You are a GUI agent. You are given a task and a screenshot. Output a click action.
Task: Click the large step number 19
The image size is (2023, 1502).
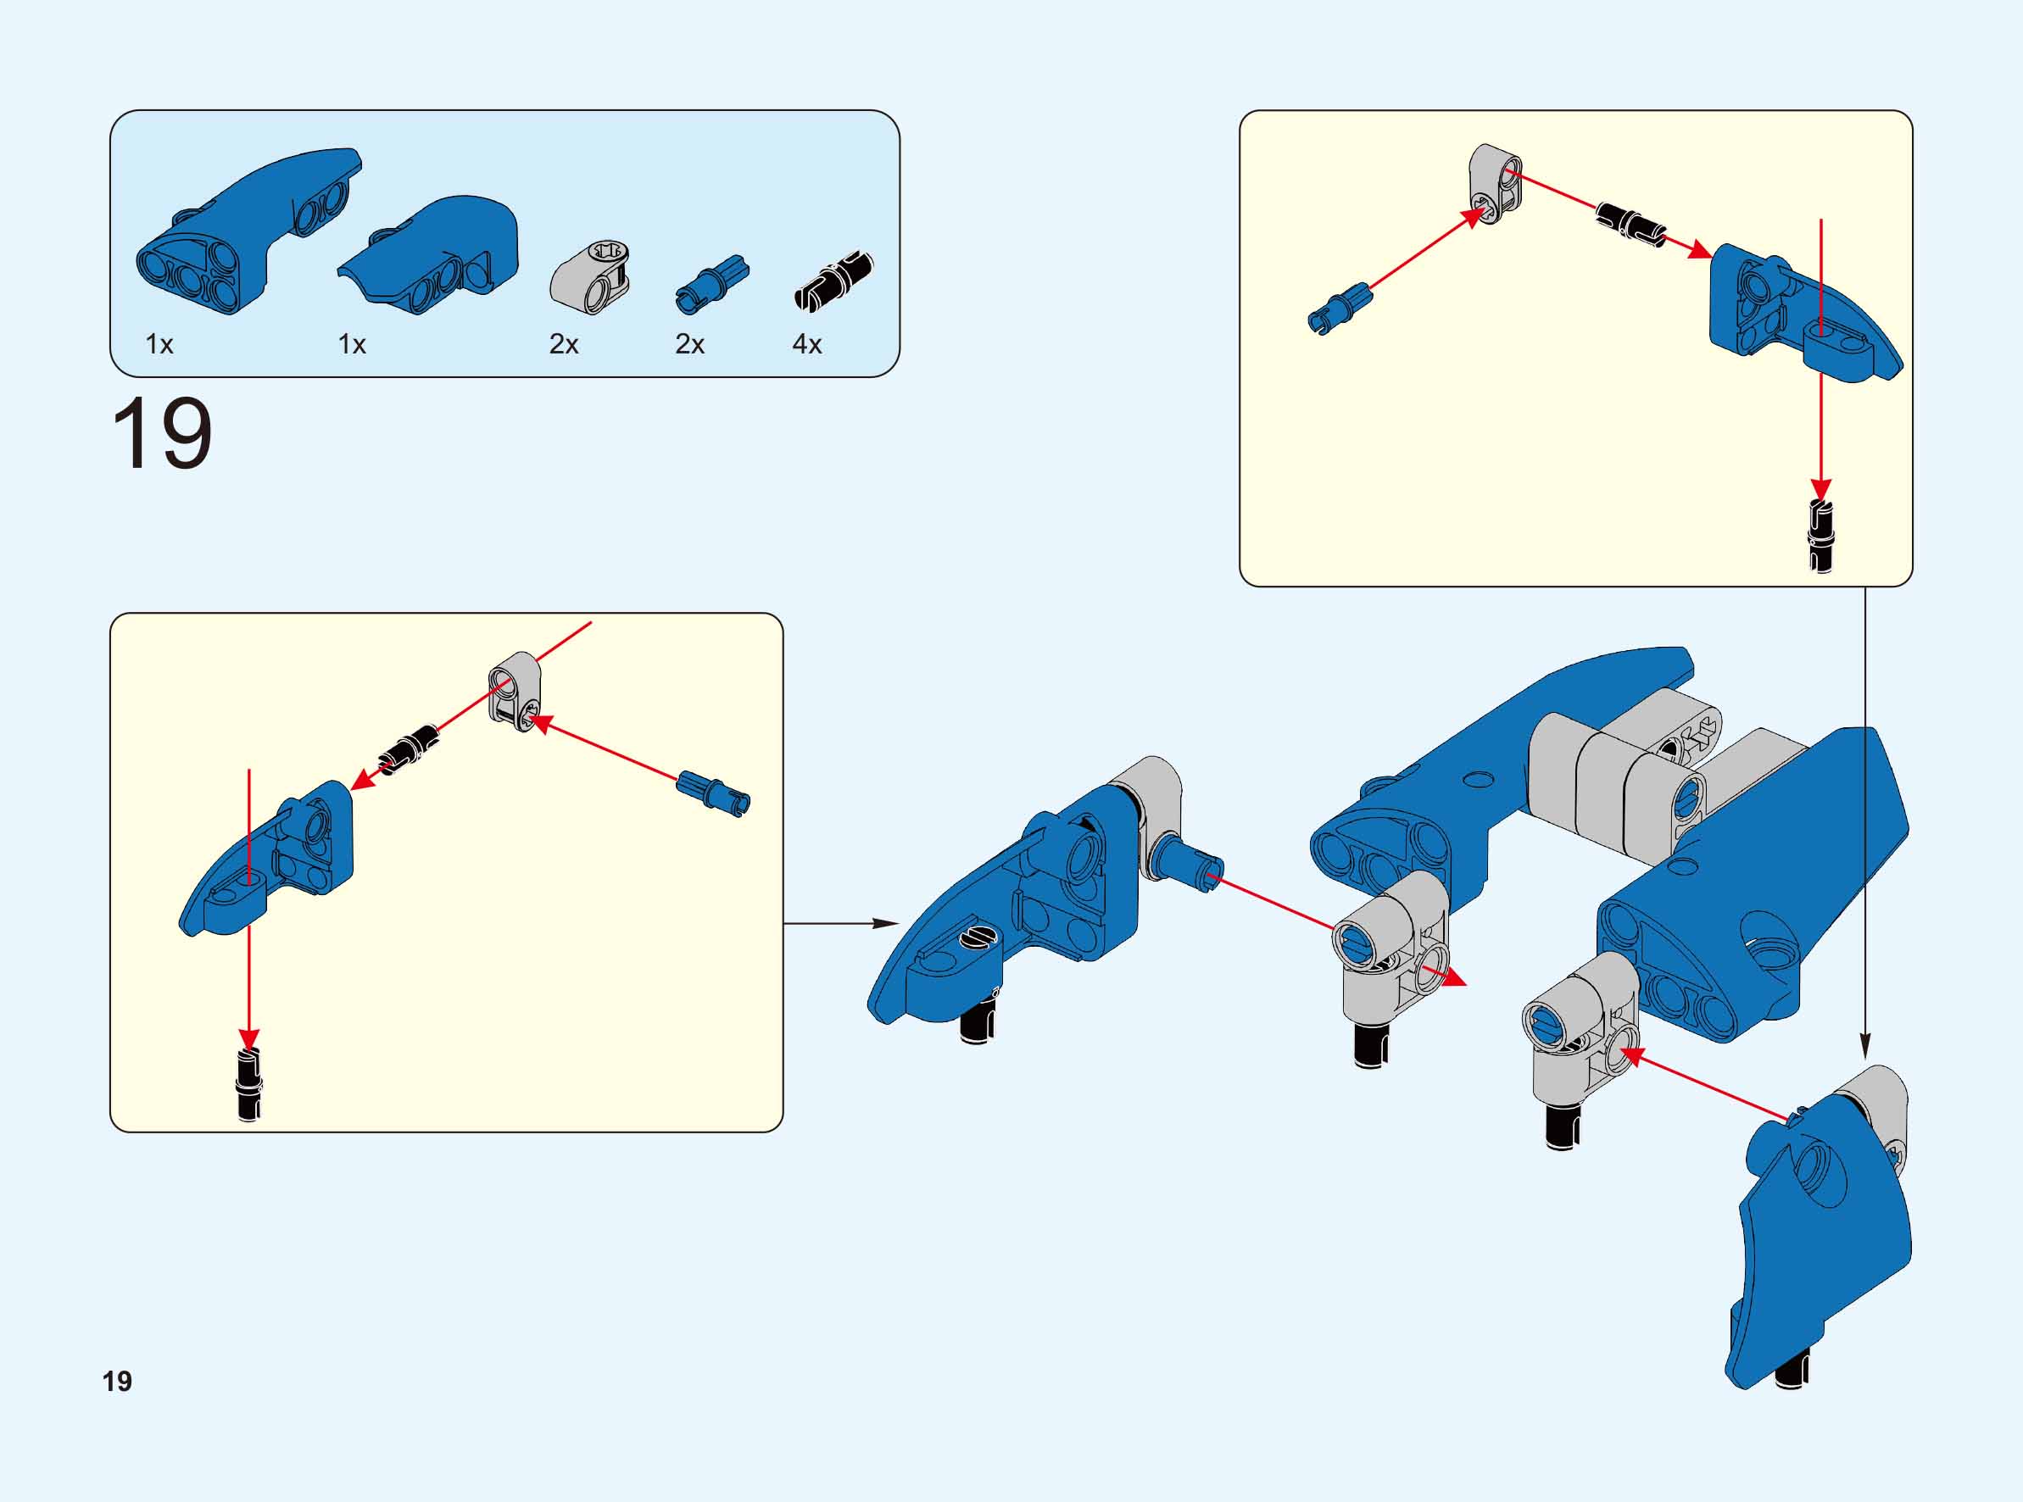coord(162,434)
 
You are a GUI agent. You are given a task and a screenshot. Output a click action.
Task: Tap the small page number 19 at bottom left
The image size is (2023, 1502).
coord(117,1381)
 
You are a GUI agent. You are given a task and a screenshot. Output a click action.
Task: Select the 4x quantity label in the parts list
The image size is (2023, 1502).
coord(806,345)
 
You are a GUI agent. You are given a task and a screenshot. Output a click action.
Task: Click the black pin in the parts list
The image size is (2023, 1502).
coord(833,280)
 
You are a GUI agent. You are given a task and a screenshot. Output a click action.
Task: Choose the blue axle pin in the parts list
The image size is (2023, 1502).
coord(712,283)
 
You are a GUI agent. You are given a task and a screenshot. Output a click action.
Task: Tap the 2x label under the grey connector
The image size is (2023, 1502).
coord(564,345)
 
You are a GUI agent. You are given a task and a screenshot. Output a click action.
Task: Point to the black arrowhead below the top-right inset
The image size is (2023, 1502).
coord(1865,1048)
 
